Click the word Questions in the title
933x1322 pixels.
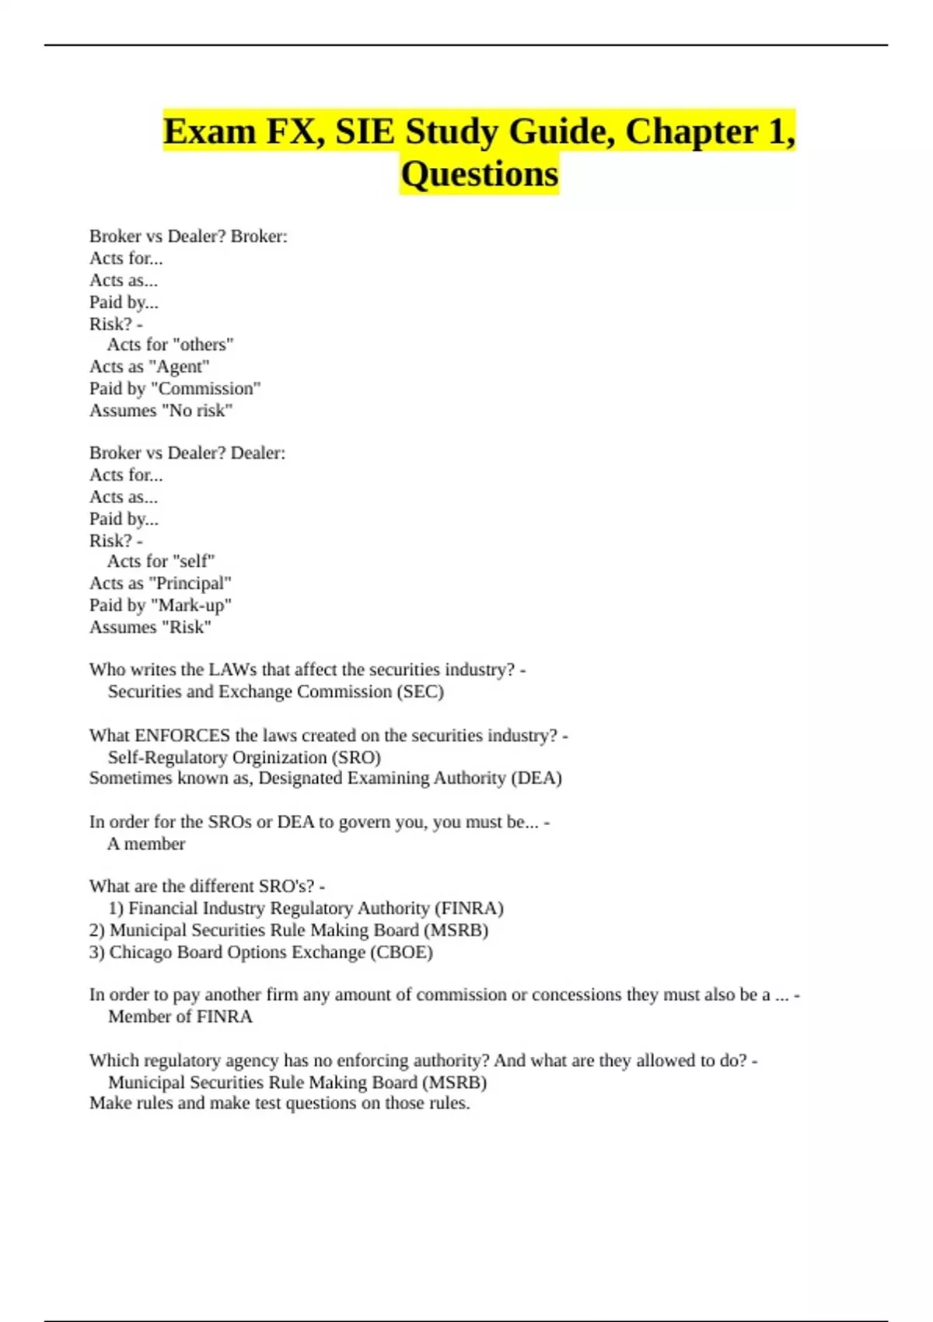click(x=480, y=174)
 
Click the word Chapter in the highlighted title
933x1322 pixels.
click(x=691, y=131)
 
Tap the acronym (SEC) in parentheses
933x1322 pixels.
click(x=420, y=692)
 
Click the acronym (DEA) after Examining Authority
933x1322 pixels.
click(x=536, y=778)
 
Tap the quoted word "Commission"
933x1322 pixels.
click(x=206, y=389)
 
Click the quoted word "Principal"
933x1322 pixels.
click(x=190, y=583)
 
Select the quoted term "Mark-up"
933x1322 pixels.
click(x=190, y=605)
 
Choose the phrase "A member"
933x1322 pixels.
click(x=146, y=845)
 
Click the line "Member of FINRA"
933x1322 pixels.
click(x=180, y=1017)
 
